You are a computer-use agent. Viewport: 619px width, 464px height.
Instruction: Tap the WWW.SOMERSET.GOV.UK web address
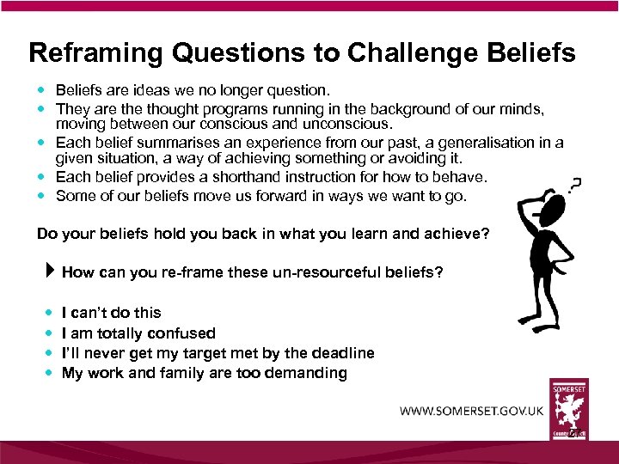(471, 411)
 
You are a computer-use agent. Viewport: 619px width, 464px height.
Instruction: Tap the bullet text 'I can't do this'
(111, 313)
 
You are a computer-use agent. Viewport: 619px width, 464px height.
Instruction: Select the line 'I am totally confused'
(138, 333)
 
